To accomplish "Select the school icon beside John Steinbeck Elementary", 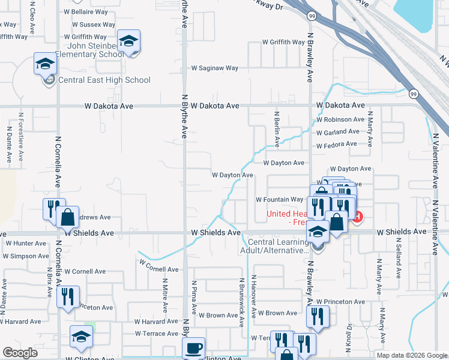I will [128, 41].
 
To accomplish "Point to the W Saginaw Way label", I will [214, 68].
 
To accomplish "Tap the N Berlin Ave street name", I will [277, 129].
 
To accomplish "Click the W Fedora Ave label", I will [336, 145].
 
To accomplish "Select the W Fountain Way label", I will [280, 199].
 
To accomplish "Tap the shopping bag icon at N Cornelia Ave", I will [68, 217].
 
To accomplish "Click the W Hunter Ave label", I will [25, 243].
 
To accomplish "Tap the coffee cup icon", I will [194, 348].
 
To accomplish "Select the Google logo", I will [20, 353].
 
